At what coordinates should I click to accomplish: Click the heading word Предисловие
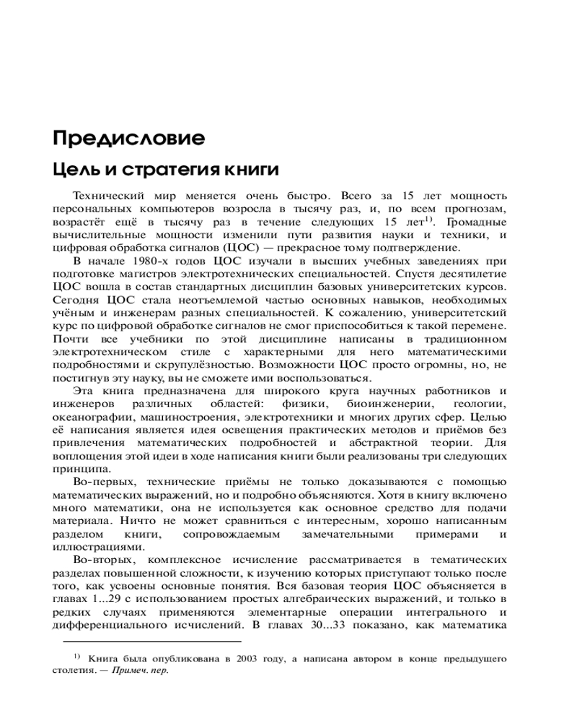point(128,137)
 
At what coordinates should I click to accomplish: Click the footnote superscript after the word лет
point(428,219)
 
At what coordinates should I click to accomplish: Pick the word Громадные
point(477,222)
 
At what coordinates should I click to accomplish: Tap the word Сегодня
point(78,300)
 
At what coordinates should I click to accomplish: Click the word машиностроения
point(190,417)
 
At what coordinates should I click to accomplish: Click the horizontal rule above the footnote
point(151,640)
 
